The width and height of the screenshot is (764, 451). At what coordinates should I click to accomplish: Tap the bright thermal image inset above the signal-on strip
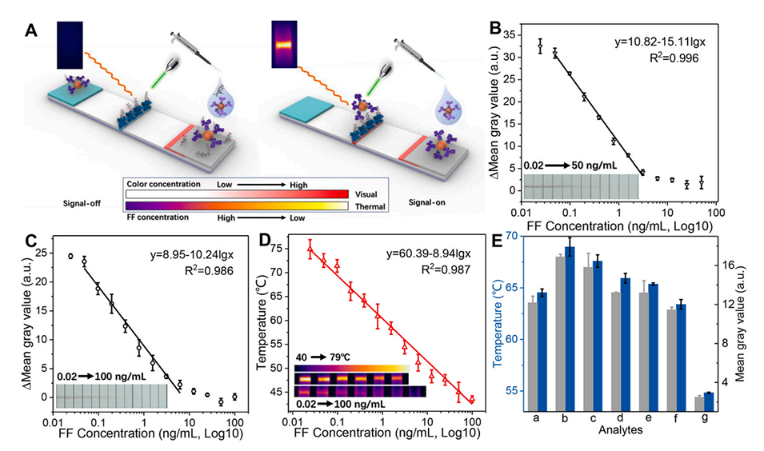[x=285, y=45]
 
